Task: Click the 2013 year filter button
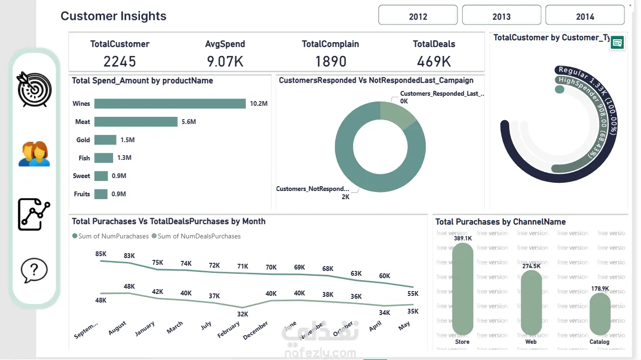click(x=501, y=16)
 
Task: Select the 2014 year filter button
click(x=585, y=16)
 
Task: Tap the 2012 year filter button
click(x=418, y=16)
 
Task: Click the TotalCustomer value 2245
click(x=120, y=61)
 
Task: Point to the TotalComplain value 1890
click(x=331, y=61)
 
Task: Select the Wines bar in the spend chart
click(x=170, y=103)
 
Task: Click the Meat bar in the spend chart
click(x=136, y=122)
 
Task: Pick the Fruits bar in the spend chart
click(x=101, y=194)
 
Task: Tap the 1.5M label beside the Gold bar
click(x=127, y=140)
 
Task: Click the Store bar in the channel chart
click(x=462, y=288)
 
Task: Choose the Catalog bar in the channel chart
click(x=600, y=314)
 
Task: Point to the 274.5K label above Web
click(x=531, y=266)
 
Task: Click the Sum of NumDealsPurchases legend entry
click(x=196, y=236)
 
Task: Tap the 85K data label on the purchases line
click(x=101, y=254)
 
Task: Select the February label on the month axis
click(x=229, y=330)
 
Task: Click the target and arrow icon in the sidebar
click(x=34, y=89)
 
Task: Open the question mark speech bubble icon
click(x=34, y=270)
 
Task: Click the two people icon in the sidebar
click(x=34, y=154)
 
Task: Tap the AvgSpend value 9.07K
click(x=225, y=61)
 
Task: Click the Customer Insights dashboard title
click(x=114, y=16)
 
